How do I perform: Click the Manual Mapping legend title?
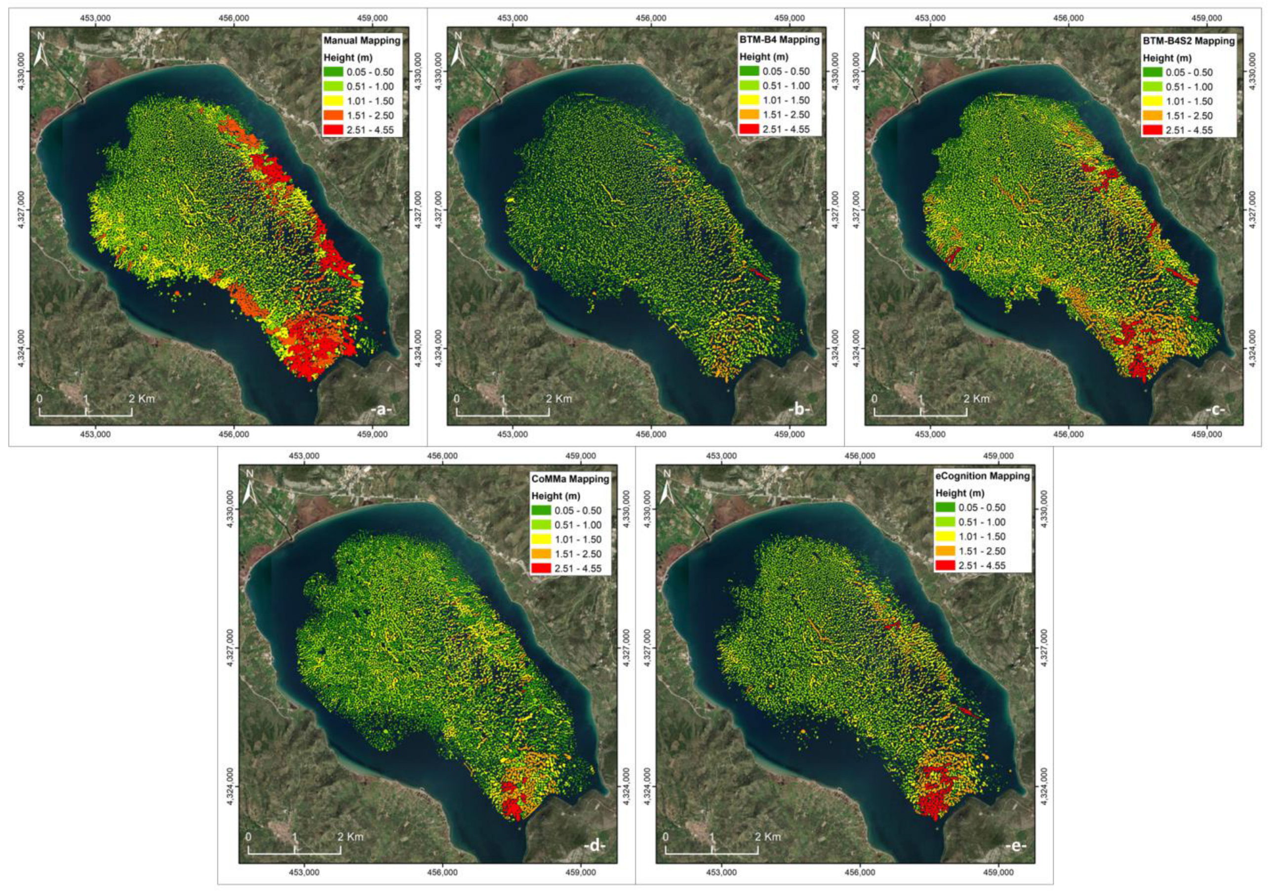point(361,41)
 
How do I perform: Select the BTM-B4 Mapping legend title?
point(779,40)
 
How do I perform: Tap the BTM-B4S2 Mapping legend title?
point(1195,41)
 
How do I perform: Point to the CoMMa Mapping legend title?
point(570,479)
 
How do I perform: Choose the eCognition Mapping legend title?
point(983,476)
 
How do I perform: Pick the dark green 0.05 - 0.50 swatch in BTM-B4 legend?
point(750,71)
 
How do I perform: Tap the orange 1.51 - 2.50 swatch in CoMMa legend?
point(541,553)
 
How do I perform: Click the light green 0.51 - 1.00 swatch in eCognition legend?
point(945,522)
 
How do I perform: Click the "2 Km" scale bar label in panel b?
point(558,398)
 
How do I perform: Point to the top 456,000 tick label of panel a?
point(234,18)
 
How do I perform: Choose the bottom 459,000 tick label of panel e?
point(998,873)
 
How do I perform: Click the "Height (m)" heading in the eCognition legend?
point(960,493)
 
